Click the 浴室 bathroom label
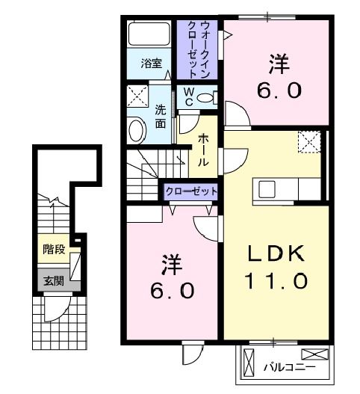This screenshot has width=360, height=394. (x=152, y=64)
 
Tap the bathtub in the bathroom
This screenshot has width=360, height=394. (x=152, y=35)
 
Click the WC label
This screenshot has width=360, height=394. (x=189, y=98)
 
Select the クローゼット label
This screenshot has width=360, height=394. (x=191, y=191)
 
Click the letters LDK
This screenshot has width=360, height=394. (x=276, y=254)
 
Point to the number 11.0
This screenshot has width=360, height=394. (x=276, y=282)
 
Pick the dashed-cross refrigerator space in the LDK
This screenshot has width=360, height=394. (x=308, y=141)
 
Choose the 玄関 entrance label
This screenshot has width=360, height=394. (x=53, y=281)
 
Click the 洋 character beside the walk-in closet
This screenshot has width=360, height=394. (x=280, y=63)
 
